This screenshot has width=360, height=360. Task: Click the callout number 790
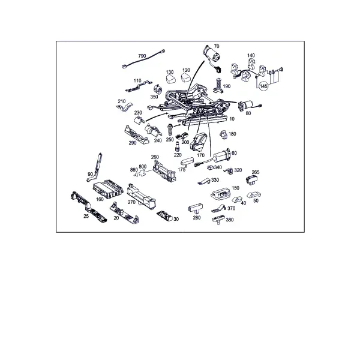click(x=142, y=56)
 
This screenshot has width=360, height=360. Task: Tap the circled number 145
click(x=263, y=86)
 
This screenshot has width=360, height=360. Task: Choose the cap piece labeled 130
click(x=170, y=79)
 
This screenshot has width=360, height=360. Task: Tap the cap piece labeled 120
click(x=186, y=77)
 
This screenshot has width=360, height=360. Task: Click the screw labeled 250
click(x=170, y=130)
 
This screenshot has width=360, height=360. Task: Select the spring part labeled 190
click(x=218, y=86)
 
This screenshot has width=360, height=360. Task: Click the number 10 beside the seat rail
click(x=232, y=119)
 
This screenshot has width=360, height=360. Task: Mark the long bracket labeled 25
click(x=88, y=206)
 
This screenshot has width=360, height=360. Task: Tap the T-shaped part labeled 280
click(x=196, y=208)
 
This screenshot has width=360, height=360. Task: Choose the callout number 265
click(x=256, y=172)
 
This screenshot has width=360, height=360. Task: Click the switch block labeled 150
click(x=220, y=194)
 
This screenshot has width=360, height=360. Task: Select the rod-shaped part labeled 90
click(x=96, y=167)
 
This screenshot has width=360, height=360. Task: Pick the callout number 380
click(x=230, y=220)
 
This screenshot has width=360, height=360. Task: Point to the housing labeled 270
click(x=141, y=196)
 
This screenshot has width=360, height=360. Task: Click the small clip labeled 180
click(x=224, y=134)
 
